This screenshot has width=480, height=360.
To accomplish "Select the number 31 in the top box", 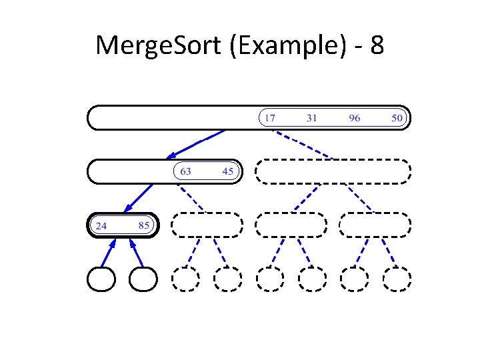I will pos(311,118).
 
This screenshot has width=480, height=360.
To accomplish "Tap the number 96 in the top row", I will pos(354,118).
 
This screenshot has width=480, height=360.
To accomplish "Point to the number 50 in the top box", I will pos(397,118).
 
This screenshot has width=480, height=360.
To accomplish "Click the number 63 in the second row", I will pos(185,171).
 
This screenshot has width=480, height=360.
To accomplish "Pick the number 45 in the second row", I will pos(228,171).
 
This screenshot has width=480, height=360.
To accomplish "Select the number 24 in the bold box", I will pos(101,225).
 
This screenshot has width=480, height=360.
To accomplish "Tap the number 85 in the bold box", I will pos(144,225).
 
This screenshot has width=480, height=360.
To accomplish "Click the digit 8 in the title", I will pos(375,46).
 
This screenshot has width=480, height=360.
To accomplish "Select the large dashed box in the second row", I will pos(333,171).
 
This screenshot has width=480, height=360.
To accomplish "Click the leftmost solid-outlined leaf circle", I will pos(101,279).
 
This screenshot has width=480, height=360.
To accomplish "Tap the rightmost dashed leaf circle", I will pos(397,279).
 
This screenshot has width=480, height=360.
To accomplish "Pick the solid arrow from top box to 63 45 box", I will pos(196,143).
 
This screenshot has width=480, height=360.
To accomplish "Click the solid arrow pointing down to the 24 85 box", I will pos(138,197).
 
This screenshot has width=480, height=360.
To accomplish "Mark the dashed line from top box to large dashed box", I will pos(303,144).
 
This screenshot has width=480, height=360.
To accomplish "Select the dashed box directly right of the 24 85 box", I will pos(207,225).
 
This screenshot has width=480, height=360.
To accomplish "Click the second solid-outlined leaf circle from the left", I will pos(143,279).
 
